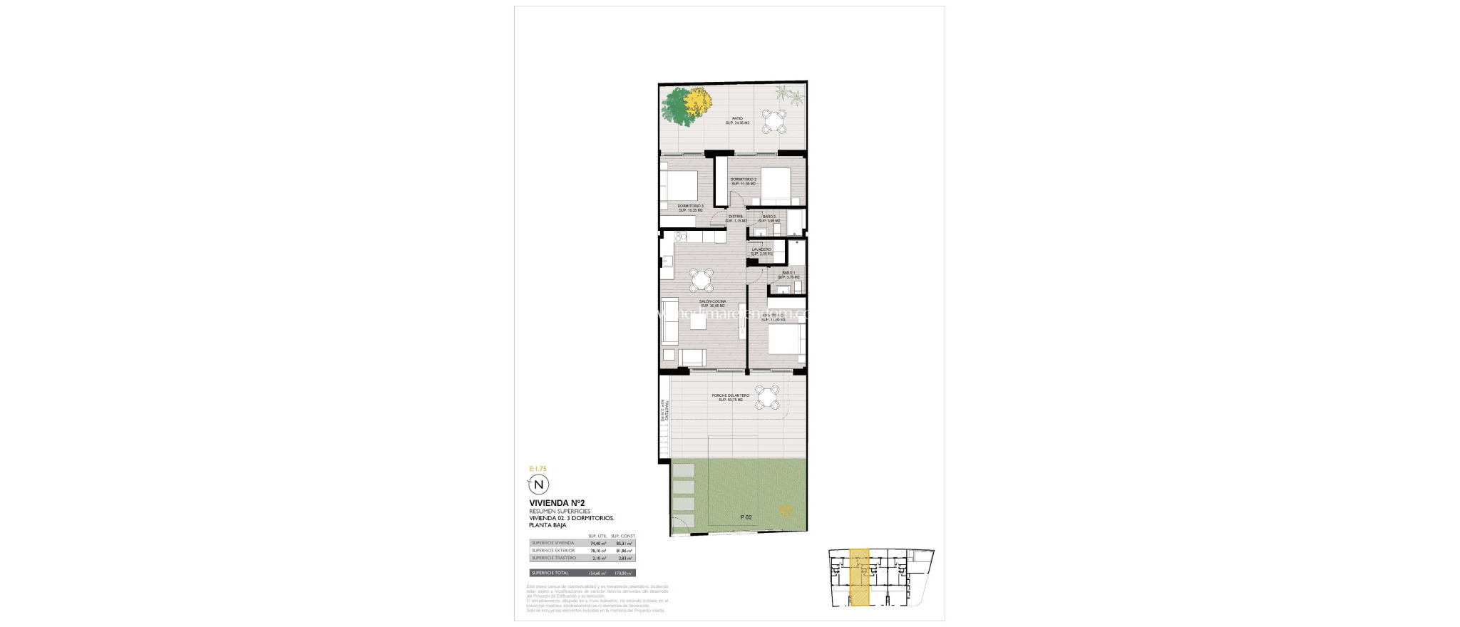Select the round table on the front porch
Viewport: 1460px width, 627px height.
click(x=768, y=397)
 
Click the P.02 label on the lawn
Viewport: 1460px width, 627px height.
click(x=746, y=517)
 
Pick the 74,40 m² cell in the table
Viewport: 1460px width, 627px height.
click(x=597, y=543)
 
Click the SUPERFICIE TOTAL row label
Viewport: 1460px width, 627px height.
click(x=550, y=573)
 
